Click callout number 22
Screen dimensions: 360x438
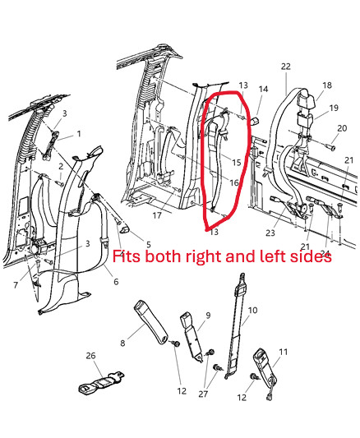tap(286, 67)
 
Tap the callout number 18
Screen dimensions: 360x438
tap(327, 85)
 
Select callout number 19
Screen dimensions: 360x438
tap(334, 108)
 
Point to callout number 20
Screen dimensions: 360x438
tap(342, 128)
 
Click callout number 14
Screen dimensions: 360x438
tap(263, 89)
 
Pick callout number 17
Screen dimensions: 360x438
tap(157, 215)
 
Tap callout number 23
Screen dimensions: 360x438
tap(270, 233)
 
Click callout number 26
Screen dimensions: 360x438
tap(90, 356)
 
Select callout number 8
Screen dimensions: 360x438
tap(122, 343)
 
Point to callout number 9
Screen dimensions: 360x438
tap(208, 316)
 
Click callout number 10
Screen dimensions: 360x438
tap(252, 311)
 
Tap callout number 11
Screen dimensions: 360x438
tap(284, 352)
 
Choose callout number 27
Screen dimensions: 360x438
tap(203, 394)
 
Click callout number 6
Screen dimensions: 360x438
tap(116, 282)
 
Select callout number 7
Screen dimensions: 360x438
tap(16, 285)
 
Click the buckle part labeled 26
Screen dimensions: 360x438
tap(100, 383)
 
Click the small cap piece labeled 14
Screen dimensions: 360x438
tap(255, 122)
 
